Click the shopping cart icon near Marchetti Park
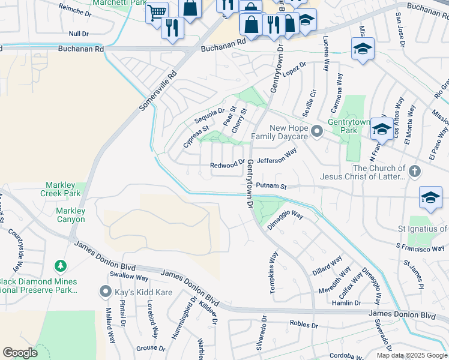coord(157,12)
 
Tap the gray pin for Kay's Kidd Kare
coord(106,292)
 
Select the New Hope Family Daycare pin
coord(317,130)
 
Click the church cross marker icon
coord(414,173)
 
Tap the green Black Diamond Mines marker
coord(59,265)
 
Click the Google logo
coord(20,353)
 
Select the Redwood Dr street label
coord(228,165)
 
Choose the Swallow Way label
coord(128,278)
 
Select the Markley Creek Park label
coord(60,190)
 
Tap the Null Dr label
coord(79,34)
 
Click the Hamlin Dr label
coord(346,303)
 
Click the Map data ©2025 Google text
coord(412,355)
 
